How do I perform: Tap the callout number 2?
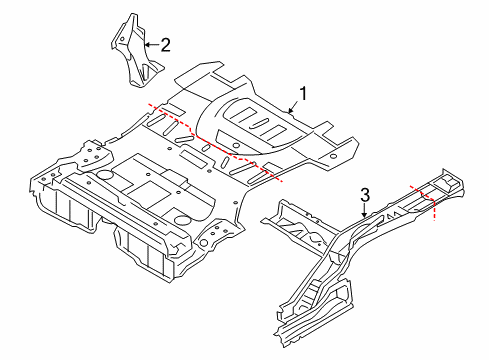pyautogui.click(x=165, y=43)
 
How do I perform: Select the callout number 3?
pyautogui.click(x=366, y=194)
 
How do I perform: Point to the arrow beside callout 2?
pyautogui.click(x=150, y=43)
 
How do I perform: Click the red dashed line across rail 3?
pyautogui.click(x=425, y=200)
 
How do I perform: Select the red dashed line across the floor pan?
pyautogui.click(x=215, y=140)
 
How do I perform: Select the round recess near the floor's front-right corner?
pyautogui.click(x=181, y=218)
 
